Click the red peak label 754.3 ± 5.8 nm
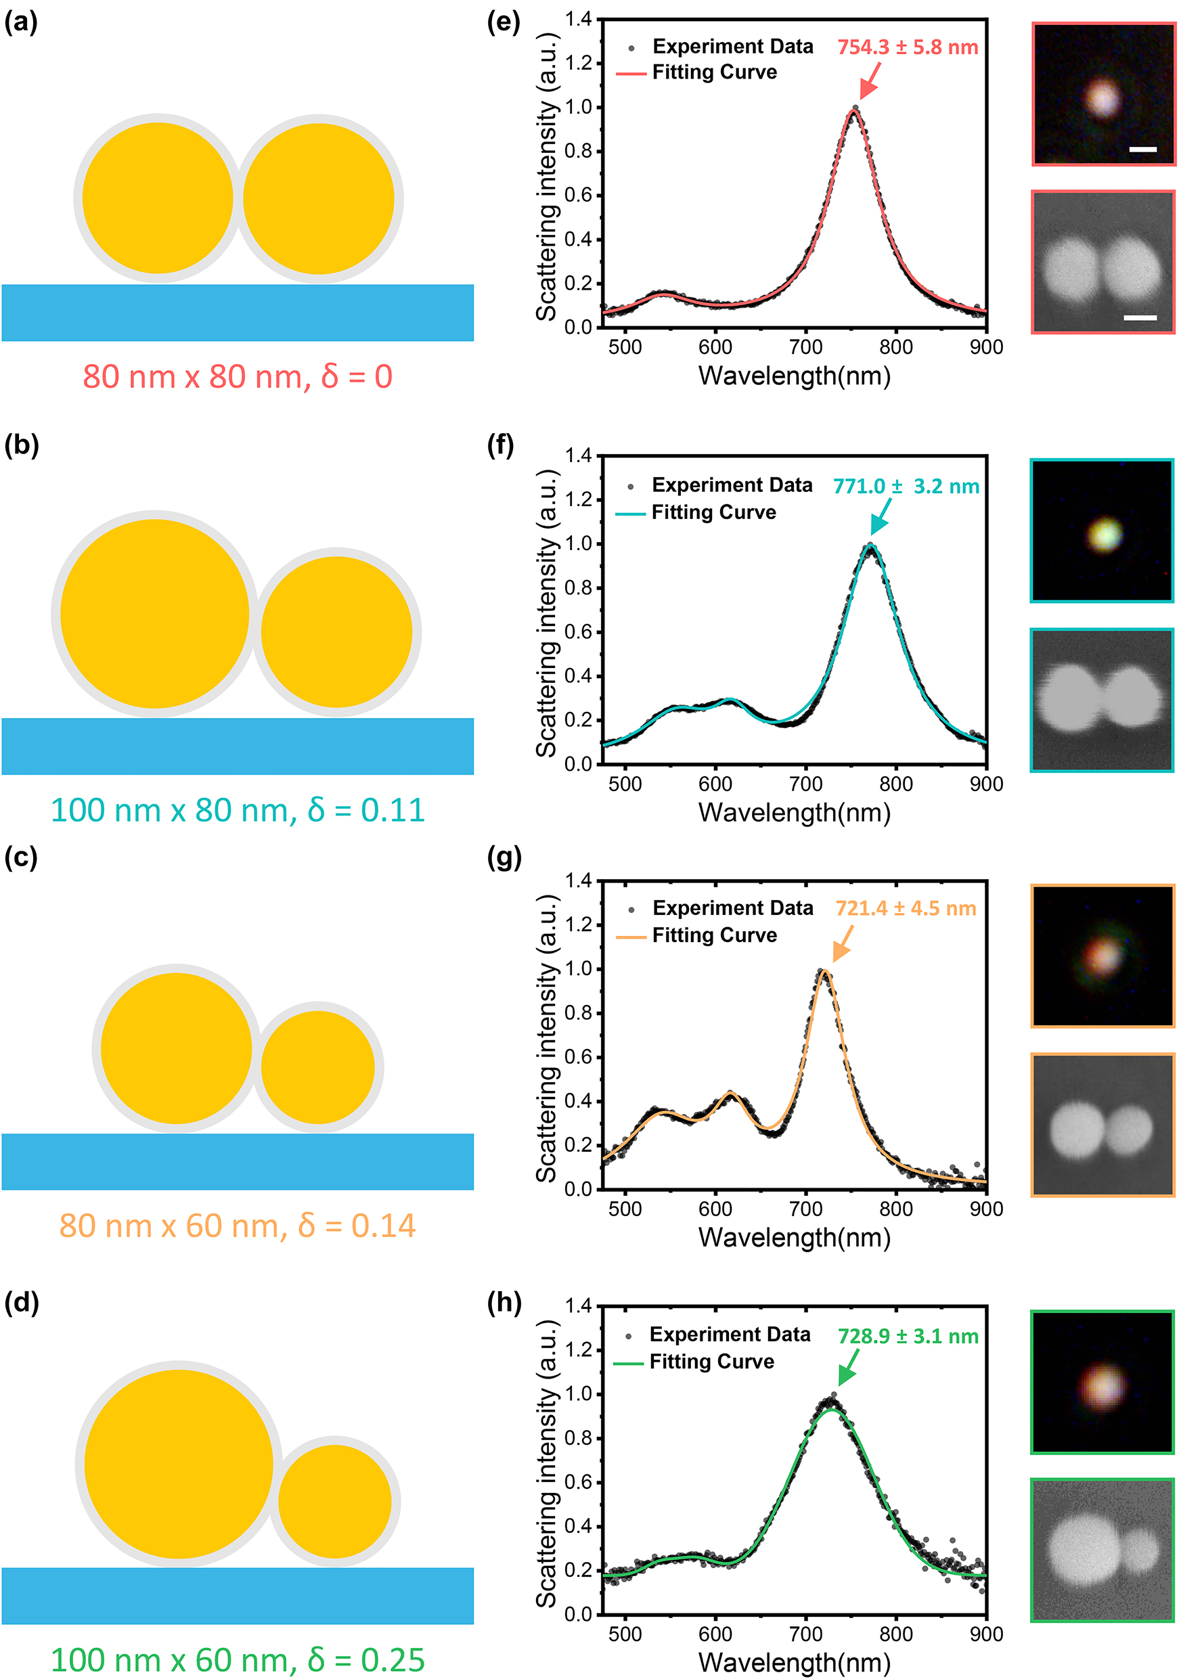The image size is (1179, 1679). point(907,47)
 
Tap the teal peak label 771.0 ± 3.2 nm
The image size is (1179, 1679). point(906,487)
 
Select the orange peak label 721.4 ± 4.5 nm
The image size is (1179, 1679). point(906,908)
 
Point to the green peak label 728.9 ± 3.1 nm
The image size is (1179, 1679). point(908,1336)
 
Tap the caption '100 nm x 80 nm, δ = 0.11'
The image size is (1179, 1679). point(238,810)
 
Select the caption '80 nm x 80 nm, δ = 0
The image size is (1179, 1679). point(238,376)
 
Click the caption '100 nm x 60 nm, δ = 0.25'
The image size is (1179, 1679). point(238,1659)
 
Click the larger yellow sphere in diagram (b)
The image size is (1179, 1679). point(155,614)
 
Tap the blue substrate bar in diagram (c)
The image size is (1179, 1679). point(238,1161)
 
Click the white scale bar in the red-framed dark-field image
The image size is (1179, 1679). point(1142,149)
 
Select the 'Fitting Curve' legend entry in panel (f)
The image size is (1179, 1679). point(713,512)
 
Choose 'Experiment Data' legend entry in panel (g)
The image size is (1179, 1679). point(732,908)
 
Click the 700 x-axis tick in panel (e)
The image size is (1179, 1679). point(805,346)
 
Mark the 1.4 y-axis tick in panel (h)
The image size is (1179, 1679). point(579,1306)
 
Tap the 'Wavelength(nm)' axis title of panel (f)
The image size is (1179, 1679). point(795,813)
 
